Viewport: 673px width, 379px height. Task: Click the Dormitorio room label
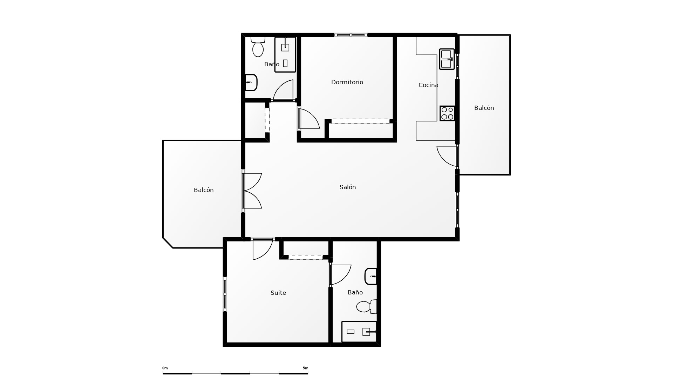click(347, 82)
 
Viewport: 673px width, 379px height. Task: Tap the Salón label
click(347, 187)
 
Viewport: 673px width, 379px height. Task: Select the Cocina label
click(428, 85)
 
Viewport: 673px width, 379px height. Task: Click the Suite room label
click(278, 293)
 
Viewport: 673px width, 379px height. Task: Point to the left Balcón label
click(203, 190)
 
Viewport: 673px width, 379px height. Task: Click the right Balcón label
click(484, 108)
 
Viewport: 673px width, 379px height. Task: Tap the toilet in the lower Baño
click(366, 306)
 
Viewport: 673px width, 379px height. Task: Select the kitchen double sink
click(447, 59)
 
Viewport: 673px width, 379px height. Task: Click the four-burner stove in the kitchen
click(447, 113)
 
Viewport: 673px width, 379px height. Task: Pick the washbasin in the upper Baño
click(251, 82)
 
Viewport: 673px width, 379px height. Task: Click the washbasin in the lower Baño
click(371, 277)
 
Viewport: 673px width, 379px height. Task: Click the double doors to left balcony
click(252, 191)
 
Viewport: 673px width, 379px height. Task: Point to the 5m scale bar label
click(305, 368)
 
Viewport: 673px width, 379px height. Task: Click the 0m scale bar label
click(165, 368)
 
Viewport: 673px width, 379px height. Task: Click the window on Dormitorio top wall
click(351, 35)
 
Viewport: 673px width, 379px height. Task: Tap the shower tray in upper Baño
click(285, 55)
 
